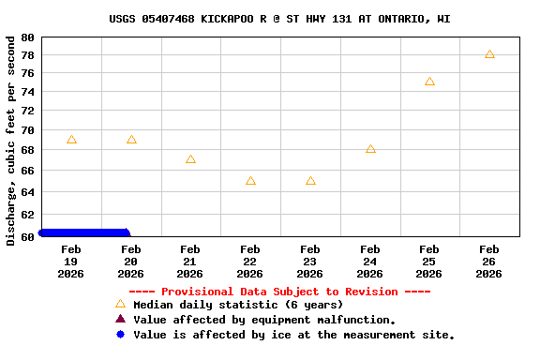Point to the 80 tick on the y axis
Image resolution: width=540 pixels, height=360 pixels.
point(26,37)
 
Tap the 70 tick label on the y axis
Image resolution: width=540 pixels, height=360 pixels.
point(26,129)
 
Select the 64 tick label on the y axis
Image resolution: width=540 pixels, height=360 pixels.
point(26,192)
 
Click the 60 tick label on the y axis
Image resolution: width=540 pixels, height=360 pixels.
point(26,237)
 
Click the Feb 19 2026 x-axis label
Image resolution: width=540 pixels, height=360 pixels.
point(71,262)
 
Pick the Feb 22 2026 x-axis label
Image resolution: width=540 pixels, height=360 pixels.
point(250,262)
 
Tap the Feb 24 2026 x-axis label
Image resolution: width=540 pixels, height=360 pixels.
point(370,262)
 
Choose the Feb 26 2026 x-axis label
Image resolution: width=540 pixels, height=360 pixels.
point(489,262)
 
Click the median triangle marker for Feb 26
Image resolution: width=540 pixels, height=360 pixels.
point(489,54)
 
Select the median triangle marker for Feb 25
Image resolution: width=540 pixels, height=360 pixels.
point(429,82)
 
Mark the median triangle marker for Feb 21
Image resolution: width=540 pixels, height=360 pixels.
point(190,159)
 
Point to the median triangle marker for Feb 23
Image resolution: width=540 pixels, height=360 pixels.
point(310,181)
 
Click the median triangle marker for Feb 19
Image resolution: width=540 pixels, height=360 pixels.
point(71,140)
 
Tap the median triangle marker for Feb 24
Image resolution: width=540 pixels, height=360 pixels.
point(370,149)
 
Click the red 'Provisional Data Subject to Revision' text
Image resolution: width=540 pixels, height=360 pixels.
point(292,292)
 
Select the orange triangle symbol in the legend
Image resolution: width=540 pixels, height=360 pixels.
point(120,305)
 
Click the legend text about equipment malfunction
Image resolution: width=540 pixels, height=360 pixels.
point(264,320)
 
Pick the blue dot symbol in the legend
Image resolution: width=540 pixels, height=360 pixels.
point(120,335)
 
